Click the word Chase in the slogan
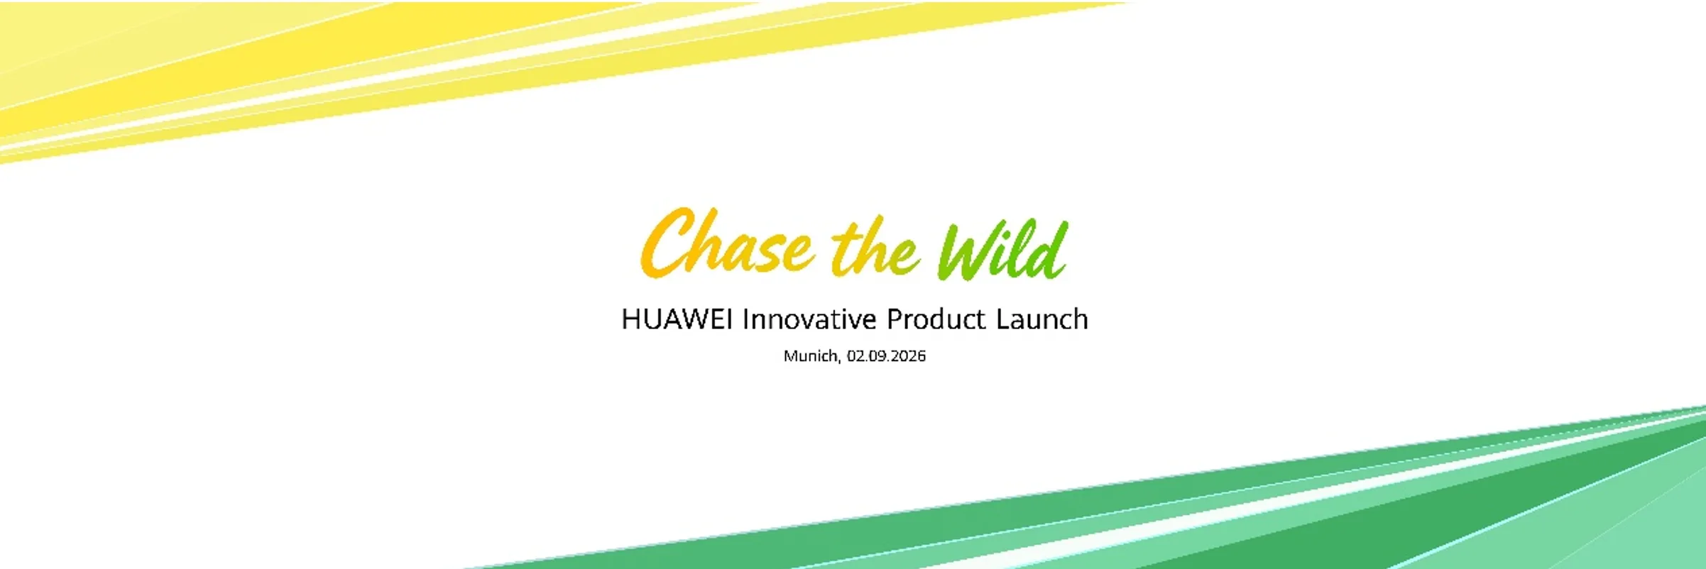(726, 243)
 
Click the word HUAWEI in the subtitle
(677, 319)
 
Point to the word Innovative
(809, 319)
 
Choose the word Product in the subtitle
(936, 319)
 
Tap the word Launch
(1041, 319)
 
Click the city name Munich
(810, 355)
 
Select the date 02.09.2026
(886, 355)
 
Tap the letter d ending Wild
(1049, 250)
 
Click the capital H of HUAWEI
(632, 319)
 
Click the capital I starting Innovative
(745, 319)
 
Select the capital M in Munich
(790, 355)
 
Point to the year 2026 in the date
(908, 355)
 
